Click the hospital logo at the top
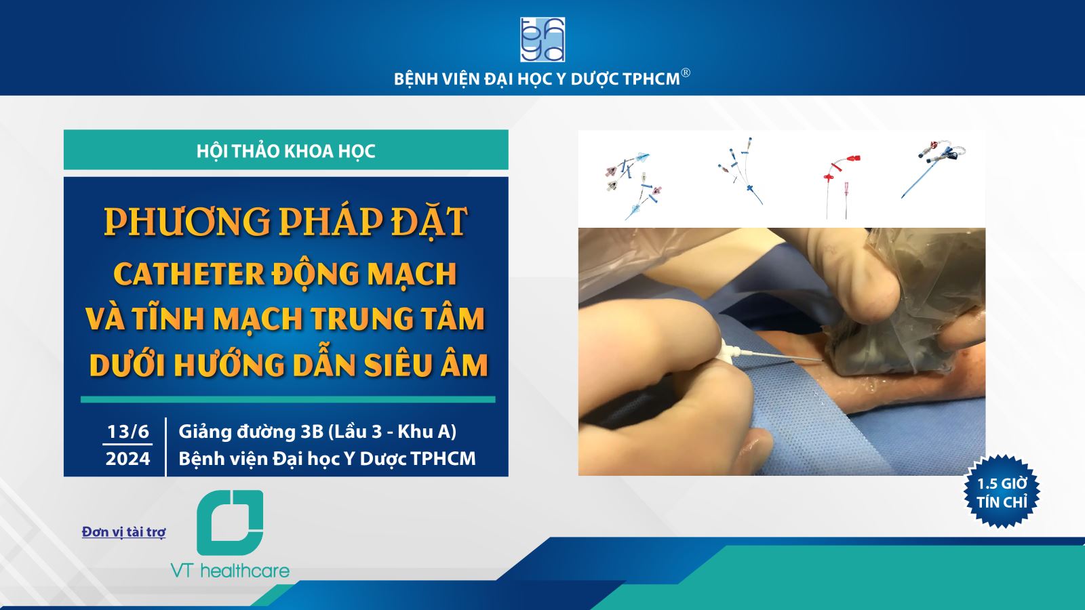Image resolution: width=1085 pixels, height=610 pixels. pyautogui.click(x=542, y=40)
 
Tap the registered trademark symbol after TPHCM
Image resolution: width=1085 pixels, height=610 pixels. pyautogui.click(x=686, y=73)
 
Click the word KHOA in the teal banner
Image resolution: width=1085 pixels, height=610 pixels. pyautogui.click(x=302, y=152)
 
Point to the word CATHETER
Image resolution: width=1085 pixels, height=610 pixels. pyautogui.click(x=189, y=274)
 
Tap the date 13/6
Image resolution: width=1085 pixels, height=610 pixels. pyautogui.click(x=128, y=431)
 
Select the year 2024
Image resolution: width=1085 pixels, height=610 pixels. pyautogui.click(x=128, y=458)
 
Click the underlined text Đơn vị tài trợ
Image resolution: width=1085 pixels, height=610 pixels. pyautogui.click(x=124, y=531)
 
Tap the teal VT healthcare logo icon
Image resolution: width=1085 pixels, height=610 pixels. pyautogui.click(x=230, y=523)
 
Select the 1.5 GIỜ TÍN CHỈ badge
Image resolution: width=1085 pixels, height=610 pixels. pyautogui.click(x=1002, y=492)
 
